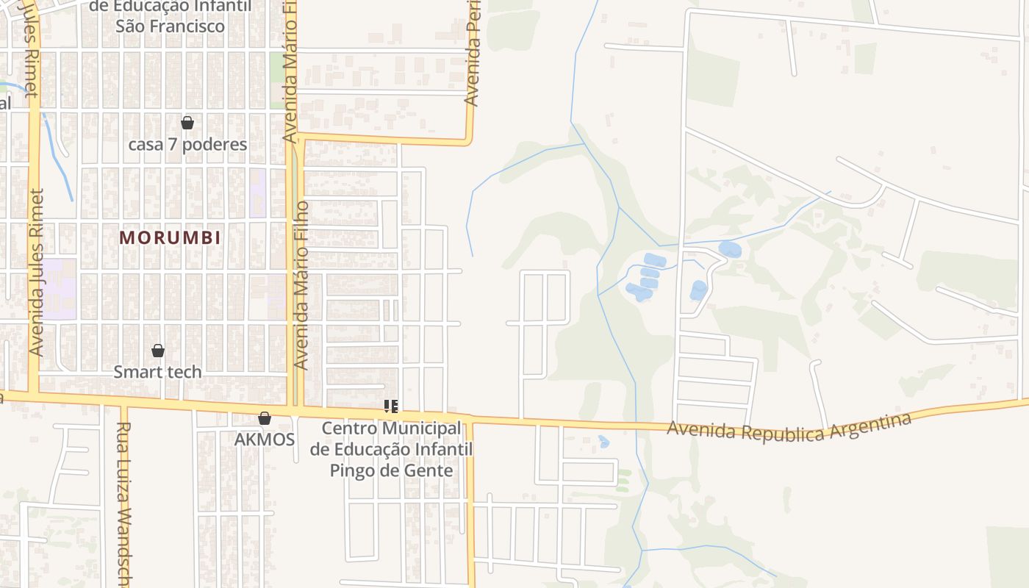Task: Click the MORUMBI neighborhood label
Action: coord(170,238)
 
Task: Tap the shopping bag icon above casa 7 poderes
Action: coord(187,123)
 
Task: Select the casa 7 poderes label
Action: coord(187,144)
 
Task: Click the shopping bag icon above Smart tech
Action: coord(157,351)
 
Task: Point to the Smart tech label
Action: coord(157,372)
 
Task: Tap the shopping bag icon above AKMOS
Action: coord(265,418)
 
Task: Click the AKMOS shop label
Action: coord(265,440)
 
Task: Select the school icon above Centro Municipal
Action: coord(391,406)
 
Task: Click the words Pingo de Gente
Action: coord(391,470)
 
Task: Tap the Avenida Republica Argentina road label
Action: coord(789,429)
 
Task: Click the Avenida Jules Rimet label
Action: coord(37,272)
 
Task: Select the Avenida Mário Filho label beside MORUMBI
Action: coord(301,285)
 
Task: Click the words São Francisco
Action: coord(170,26)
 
